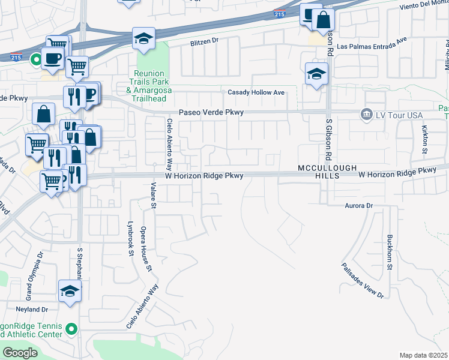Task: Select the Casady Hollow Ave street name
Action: click(256, 92)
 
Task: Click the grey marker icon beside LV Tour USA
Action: click(365, 114)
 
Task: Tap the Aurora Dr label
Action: click(359, 206)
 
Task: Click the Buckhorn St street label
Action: click(390, 252)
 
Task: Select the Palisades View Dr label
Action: click(363, 280)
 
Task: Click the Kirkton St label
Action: click(424, 139)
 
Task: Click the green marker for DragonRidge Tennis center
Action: click(72, 329)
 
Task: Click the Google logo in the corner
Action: click(20, 353)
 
